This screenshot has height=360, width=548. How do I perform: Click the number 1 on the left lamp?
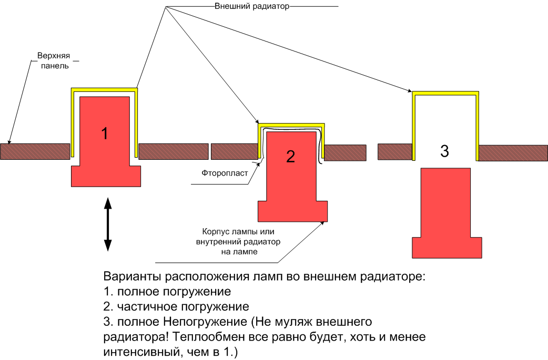click(x=104, y=133)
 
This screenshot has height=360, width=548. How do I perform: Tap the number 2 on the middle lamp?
click(x=291, y=156)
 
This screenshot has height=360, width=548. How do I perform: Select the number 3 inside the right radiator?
click(x=444, y=151)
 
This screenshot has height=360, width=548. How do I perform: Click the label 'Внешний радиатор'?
click(x=252, y=6)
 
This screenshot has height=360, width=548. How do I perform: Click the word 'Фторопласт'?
click(x=225, y=172)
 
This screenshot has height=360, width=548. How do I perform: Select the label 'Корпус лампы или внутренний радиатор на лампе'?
click(x=239, y=242)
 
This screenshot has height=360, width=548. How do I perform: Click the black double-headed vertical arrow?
click(x=108, y=224)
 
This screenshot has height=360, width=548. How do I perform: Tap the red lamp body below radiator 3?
click(x=446, y=210)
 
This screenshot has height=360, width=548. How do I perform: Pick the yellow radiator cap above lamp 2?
click(x=292, y=125)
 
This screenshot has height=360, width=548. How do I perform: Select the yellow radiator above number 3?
click(x=445, y=94)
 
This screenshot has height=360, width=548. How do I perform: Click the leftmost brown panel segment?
click(x=35, y=151)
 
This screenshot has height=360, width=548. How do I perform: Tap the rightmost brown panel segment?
click(x=513, y=152)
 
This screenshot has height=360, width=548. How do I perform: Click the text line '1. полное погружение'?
click(x=168, y=291)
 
